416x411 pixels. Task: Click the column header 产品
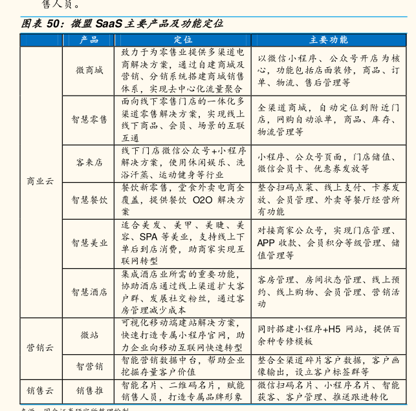pyautogui.click(x=89, y=40)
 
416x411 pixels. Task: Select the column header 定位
pyautogui.click(x=183, y=40)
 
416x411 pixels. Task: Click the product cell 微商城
pyautogui.click(x=89, y=70)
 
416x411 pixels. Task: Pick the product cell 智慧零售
pyautogui.click(x=89, y=120)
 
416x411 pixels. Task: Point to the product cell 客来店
pyautogui.click(x=89, y=162)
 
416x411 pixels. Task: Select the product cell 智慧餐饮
pyautogui.click(x=89, y=200)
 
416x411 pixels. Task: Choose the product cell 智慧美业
pyautogui.click(x=89, y=242)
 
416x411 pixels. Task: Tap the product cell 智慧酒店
pyautogui.click(x=89, y=292)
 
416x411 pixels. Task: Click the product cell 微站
pyautogui.click(x=89, y=335)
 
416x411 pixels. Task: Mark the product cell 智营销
pyautogui.click(x=89, y=366)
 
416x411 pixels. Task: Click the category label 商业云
pyautogui.click(x=40, y=181)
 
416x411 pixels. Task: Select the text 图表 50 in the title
pyautogui.click(x=41, y=23)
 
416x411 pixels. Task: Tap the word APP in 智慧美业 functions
pyautogui.click(x=267, y=242)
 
